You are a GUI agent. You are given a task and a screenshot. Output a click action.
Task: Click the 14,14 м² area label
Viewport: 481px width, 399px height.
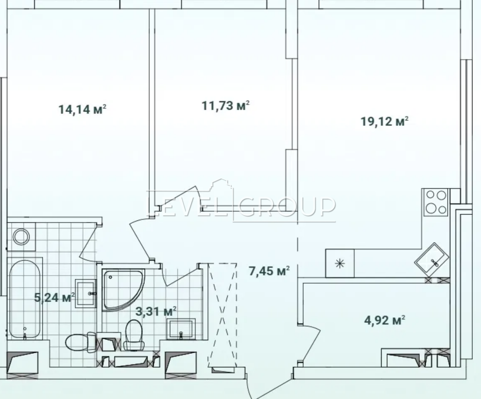[x=82, y=109]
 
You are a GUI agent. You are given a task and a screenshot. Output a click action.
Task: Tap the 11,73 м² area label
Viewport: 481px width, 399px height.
[x=225, y=106]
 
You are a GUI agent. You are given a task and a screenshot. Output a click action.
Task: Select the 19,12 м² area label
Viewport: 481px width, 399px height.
[x=384, y=121]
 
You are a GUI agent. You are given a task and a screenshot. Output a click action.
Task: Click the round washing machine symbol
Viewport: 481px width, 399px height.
[x=21, y=236]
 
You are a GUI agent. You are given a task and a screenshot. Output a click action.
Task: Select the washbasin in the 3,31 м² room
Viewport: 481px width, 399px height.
[x=180, y=328]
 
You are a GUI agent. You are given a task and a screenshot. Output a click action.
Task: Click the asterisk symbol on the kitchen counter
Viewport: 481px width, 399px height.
[x=340, y=264]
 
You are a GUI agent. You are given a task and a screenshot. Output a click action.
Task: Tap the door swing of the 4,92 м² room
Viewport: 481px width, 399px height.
[x=310, y=343]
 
